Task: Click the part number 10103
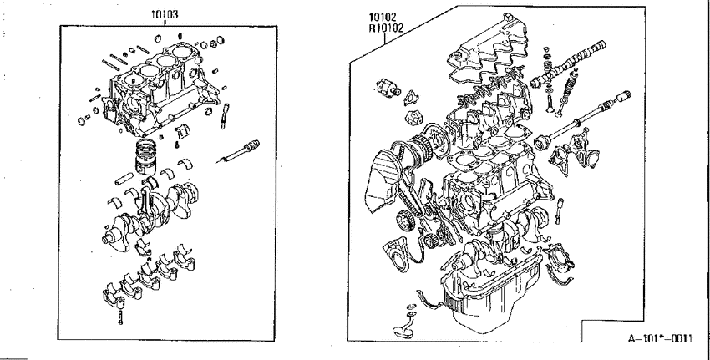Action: click(165, 14)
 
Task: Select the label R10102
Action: click(386, 28)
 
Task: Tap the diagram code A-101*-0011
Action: click(660, 338)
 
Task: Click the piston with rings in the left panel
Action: click(146, 157)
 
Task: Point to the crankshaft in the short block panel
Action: click(150, 213)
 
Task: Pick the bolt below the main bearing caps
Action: click(120, 317)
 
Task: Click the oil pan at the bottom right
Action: click(489, 290)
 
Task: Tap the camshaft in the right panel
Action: click(571, 63)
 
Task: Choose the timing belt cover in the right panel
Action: click(379, 181)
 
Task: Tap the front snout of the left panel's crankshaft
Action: click(109, 238)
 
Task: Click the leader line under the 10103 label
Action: click(165, 23)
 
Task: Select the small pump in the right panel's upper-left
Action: click(386, 87)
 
